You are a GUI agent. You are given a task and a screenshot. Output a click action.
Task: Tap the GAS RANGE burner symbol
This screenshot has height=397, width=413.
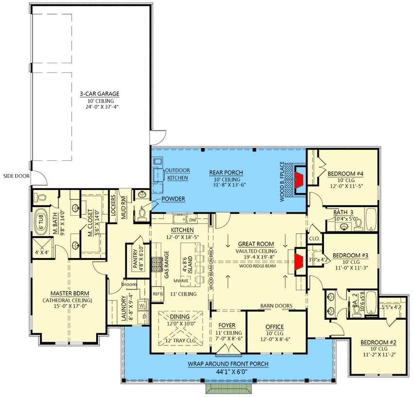pos(157,264)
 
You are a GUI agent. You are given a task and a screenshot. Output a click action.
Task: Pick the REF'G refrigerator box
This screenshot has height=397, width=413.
pos(157,293)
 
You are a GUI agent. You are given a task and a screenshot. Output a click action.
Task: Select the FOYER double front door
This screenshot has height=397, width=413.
pos(228,349)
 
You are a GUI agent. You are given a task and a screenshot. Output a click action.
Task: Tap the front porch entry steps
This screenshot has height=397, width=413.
pos(228,389)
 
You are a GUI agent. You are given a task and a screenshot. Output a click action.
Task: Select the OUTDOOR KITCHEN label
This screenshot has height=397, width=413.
pos(178,174)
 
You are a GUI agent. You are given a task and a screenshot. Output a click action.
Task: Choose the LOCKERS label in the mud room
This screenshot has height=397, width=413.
pos(113,206)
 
